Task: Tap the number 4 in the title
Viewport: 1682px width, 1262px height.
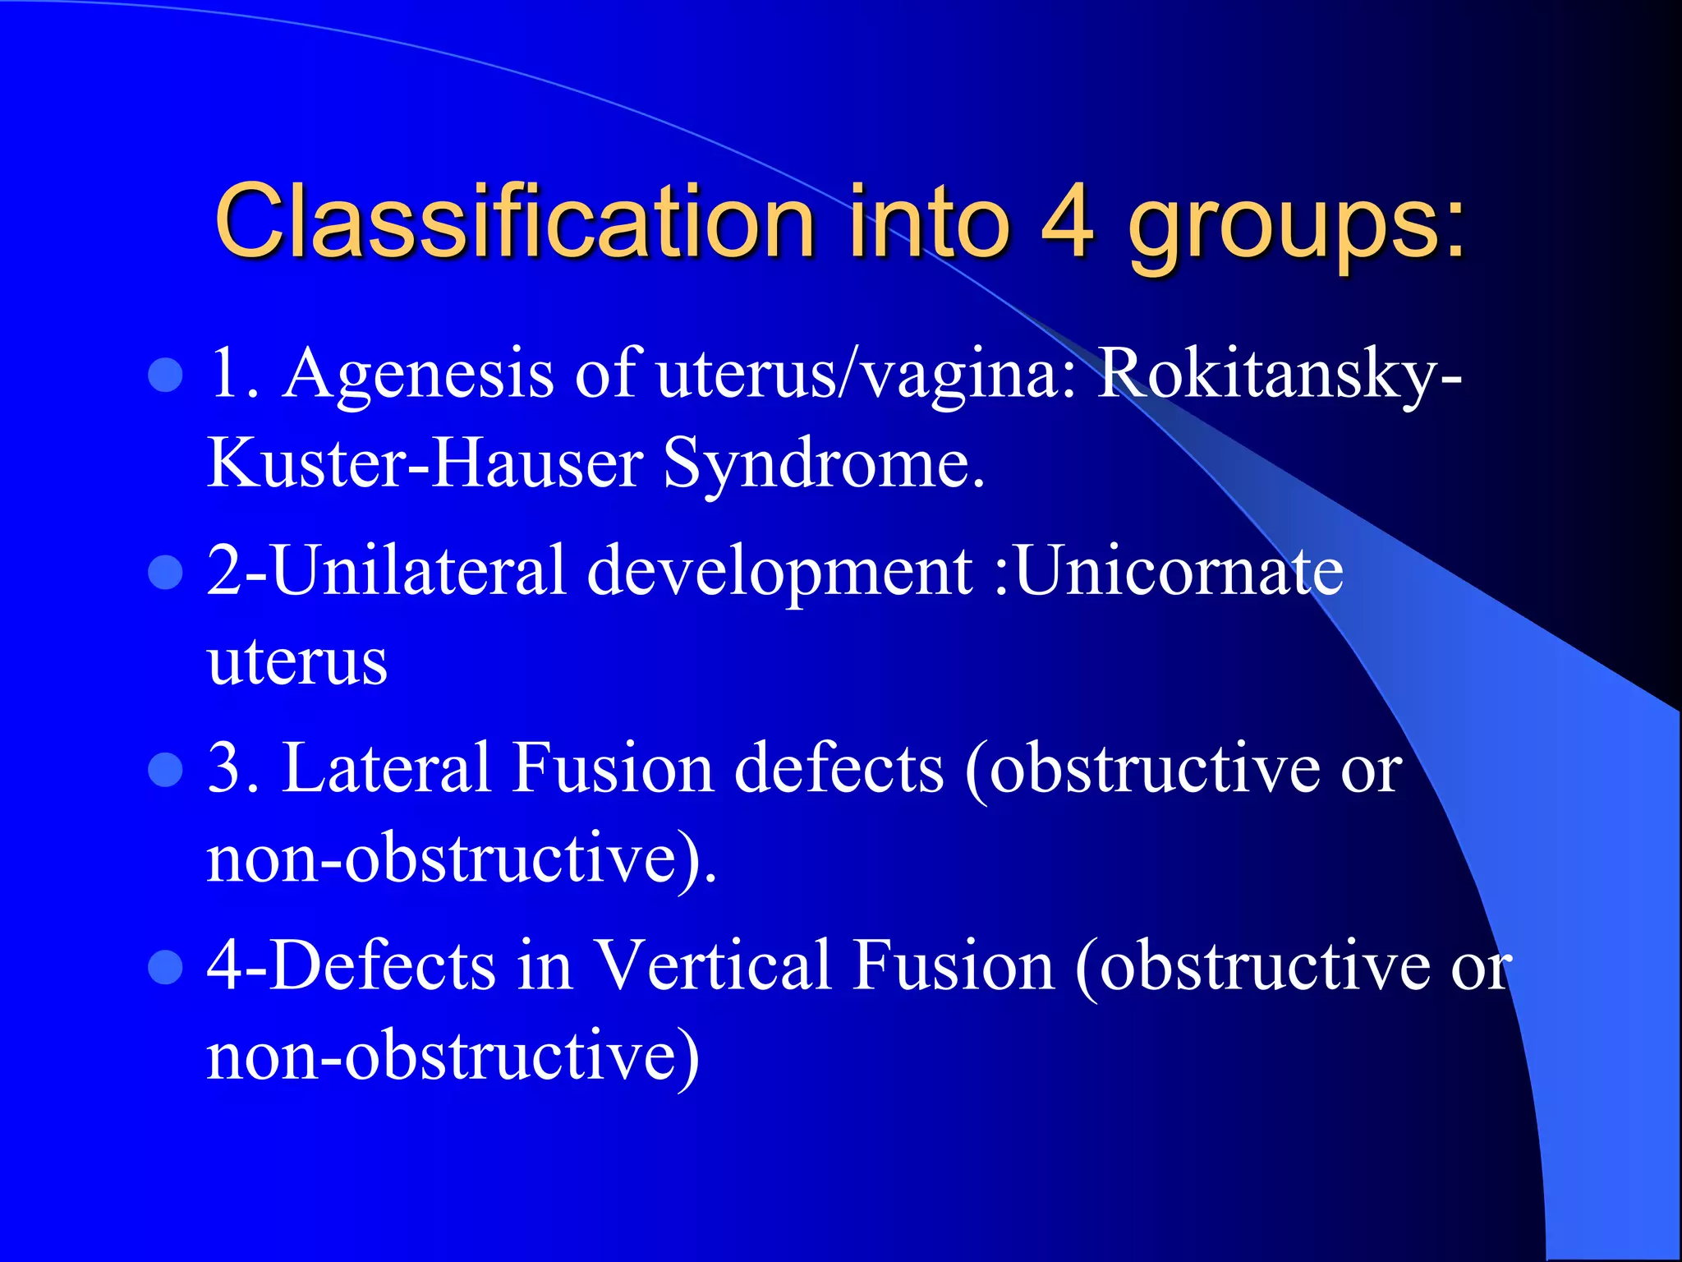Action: pyautogui.click(x=1068, y=220)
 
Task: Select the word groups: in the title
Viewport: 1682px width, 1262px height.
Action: pyautogui.click(x=1296, y=226)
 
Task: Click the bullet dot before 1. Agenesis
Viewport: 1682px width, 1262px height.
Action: pyautogui.click(x=165, y=375)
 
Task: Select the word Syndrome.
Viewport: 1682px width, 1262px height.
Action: pyautogui.click(x=823, y=464)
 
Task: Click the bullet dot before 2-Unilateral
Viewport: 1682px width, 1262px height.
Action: pyautogui.click(x=165, y=573)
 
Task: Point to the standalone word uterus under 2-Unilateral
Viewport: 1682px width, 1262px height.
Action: pyautogui.click(x=297, y=661)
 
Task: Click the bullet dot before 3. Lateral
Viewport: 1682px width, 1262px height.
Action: pyautogui.click(x=165, y=770)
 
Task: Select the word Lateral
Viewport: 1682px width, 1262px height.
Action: pyautogui.click(x=386, y=768)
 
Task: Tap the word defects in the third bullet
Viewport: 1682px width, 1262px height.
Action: pyautogui.click(x=839, y=768)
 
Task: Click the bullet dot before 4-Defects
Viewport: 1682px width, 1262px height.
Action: pyautogui.click(x=165, y=967)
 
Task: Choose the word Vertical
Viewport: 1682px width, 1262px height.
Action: pyautogui.click(x=712, y=965)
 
